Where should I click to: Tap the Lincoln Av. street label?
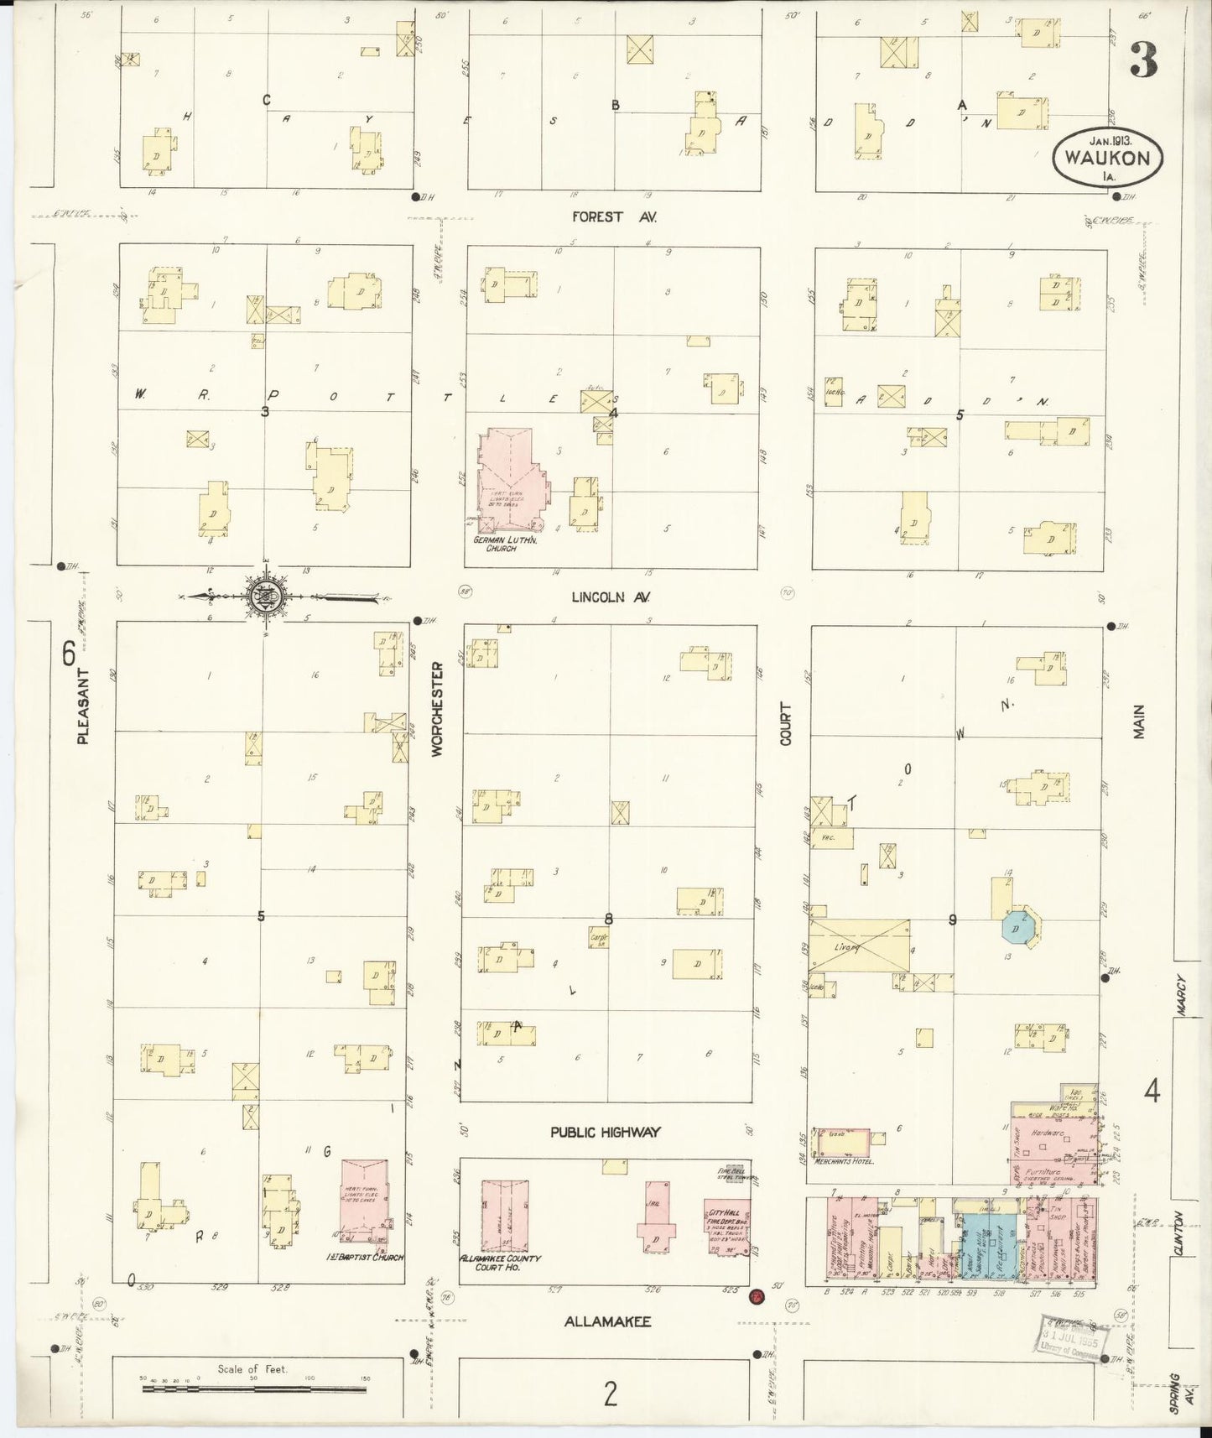611,597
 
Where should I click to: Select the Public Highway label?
606,1132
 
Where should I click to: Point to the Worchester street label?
437,710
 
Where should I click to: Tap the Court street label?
786,724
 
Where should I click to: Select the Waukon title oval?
1107,156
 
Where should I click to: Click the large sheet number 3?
1142,60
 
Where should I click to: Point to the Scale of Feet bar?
253,1389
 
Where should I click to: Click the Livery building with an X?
859,945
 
